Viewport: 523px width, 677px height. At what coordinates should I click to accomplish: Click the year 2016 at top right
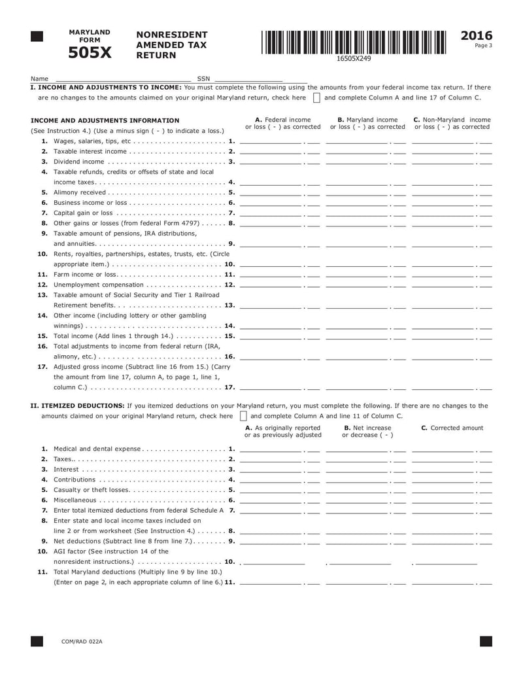point(477,36)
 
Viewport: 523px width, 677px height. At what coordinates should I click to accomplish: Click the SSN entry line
point(248,78)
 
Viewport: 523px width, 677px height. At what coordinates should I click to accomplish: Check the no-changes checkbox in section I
point(316,98)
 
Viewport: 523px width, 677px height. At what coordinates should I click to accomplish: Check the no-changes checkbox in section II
point(243,416)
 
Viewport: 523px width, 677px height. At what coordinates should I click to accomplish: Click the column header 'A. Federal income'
point(282,120)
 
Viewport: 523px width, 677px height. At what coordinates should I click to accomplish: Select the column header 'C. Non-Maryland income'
point(452,120)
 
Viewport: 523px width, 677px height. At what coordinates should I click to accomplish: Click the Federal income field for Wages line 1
point(271,141)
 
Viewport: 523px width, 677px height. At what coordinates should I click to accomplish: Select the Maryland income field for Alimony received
point(357,192)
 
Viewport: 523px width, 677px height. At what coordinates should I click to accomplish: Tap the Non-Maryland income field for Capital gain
point(443,213)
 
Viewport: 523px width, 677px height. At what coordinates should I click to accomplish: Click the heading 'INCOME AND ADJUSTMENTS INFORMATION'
point(105,120)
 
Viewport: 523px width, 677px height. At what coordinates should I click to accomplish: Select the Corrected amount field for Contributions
point(443,479)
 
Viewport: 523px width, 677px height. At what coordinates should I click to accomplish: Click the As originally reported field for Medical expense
point(271,449)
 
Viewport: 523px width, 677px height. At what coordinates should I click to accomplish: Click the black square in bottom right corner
point(486,642)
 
